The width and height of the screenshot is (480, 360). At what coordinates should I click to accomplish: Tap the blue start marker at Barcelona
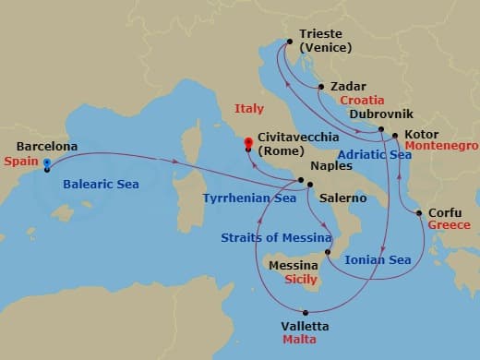pos(46,162)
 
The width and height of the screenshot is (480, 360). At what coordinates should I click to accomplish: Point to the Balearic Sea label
pos(101,185)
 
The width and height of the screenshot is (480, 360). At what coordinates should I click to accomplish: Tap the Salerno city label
pos(342,198)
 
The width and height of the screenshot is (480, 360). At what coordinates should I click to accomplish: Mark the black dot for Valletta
pos(309,313)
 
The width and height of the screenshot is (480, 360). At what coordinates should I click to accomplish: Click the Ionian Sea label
pos(377,260)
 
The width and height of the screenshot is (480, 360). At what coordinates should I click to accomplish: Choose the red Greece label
pos(450,225)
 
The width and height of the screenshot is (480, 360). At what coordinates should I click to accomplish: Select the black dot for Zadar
pos(320,87)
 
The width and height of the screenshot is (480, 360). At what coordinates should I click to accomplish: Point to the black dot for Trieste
pos(290,42)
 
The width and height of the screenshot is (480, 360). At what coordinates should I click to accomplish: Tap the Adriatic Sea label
pos(375,155)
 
